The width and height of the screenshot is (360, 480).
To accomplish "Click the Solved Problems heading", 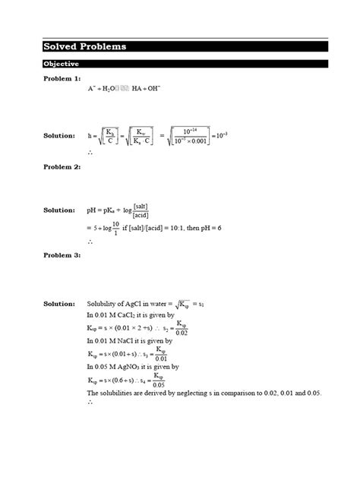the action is (85, 47).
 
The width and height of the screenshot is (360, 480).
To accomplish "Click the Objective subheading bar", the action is (62, 64).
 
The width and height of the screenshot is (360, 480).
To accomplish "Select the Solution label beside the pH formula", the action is (59, 210).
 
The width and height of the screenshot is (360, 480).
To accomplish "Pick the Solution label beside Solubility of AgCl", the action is (59, 304).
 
